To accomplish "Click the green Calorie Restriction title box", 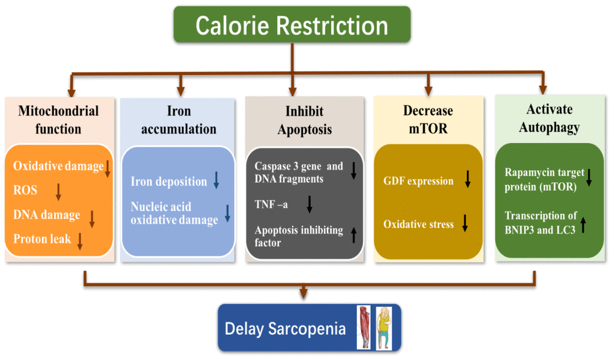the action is [292, 24].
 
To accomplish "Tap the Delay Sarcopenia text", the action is [285, 329].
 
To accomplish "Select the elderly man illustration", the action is [384, 328].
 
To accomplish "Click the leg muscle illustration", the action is [364, 328].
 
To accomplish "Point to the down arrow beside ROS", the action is [58, 192].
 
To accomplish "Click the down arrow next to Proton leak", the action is [80, 241].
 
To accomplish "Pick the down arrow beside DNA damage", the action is [92, 219].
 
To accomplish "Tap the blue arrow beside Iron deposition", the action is [216, 180].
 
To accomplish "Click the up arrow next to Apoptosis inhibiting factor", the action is [354, 236].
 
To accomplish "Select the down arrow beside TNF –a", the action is [310, 204].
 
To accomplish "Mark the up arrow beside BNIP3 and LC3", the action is [584, 225].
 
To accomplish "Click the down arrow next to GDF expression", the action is [468, 179].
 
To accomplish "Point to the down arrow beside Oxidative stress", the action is [465, 223].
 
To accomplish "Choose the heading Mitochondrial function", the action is [58, 120].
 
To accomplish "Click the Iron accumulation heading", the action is [178, 120].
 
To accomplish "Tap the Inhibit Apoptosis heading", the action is [305, 120].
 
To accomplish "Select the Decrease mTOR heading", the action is [428, 119].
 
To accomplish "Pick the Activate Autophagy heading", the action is [549, 118].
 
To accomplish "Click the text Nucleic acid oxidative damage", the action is [174, 213].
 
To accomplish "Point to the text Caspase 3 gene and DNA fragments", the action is [299, 172].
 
